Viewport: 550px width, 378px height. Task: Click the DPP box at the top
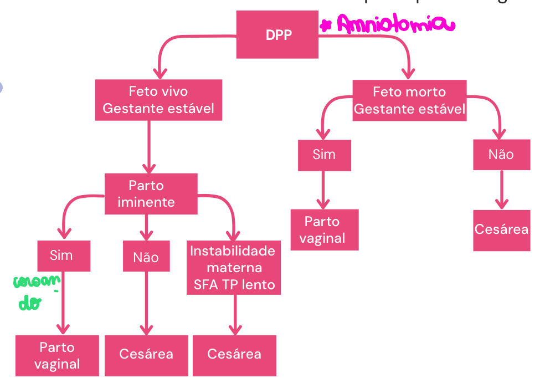277,35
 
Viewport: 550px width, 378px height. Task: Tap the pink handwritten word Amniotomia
394,25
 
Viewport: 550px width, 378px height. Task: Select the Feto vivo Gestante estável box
158,100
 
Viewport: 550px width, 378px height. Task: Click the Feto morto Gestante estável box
409,100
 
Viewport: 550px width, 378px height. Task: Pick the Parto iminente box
151,194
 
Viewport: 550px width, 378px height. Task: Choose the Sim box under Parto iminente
63,255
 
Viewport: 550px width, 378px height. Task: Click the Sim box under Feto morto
324,154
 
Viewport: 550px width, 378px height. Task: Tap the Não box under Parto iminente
146,257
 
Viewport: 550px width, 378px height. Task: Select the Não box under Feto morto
501,154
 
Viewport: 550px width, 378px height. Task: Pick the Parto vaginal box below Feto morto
325,230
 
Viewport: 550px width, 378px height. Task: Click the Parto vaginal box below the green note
57,355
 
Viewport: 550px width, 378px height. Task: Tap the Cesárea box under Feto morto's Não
502,230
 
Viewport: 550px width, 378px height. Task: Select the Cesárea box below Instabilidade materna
234,354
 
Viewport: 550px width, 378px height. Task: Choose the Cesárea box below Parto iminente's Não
146,354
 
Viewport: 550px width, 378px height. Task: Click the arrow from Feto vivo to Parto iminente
148,147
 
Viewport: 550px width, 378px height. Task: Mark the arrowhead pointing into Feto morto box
409,73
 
